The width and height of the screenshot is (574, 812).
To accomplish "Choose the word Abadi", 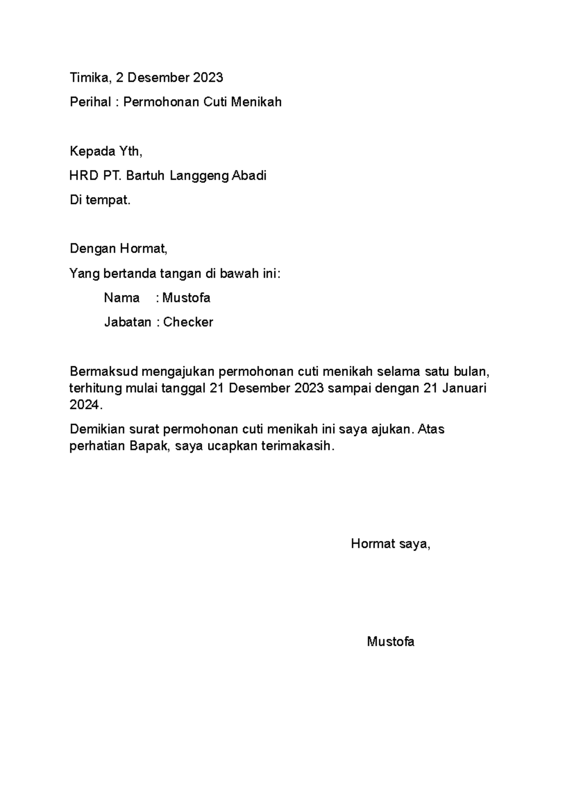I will tap(249, 176).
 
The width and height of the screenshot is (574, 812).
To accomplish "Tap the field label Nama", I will tap(121, 298).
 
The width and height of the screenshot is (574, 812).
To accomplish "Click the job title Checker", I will tap(188, 322).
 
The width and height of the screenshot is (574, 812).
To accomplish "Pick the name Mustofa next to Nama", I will tap(186, 298).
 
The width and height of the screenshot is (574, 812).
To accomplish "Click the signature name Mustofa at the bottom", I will tap(390, 642).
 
